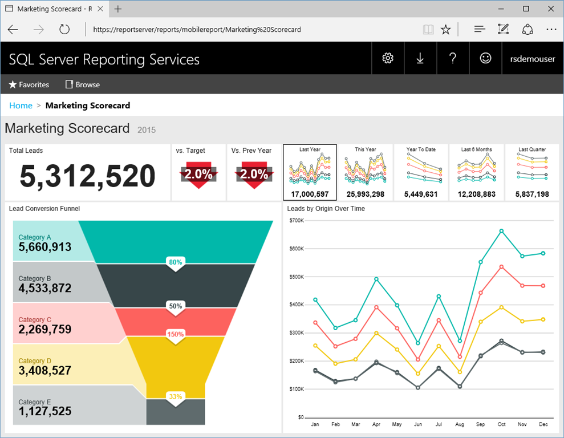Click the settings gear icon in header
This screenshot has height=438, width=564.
pos(388,58)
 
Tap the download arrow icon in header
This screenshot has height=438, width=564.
pos(420,58)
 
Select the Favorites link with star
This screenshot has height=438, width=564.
pos(29,84)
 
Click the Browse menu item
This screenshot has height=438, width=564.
pos(83,84)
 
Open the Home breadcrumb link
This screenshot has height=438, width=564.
pos(21,106)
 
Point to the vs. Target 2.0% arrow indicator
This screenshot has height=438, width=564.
pos(198,175)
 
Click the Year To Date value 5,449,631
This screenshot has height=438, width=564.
pos(421,194)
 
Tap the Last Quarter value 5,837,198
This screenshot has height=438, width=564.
pos(532,194)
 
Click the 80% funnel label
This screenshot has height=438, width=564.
pos(176,262)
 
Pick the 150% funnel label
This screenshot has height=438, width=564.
pos(176,334)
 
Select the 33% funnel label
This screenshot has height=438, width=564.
pos(176,397)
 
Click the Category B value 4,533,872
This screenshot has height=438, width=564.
pos(45,288)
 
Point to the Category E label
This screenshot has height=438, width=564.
pos(35,402)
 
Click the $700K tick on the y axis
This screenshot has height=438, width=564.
pos(297,221)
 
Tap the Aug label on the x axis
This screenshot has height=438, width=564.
pos(460,425)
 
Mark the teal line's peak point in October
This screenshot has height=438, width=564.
pos(501,231)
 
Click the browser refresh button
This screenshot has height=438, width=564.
pos(64,30)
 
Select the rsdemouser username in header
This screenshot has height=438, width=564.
pos(532,59)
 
